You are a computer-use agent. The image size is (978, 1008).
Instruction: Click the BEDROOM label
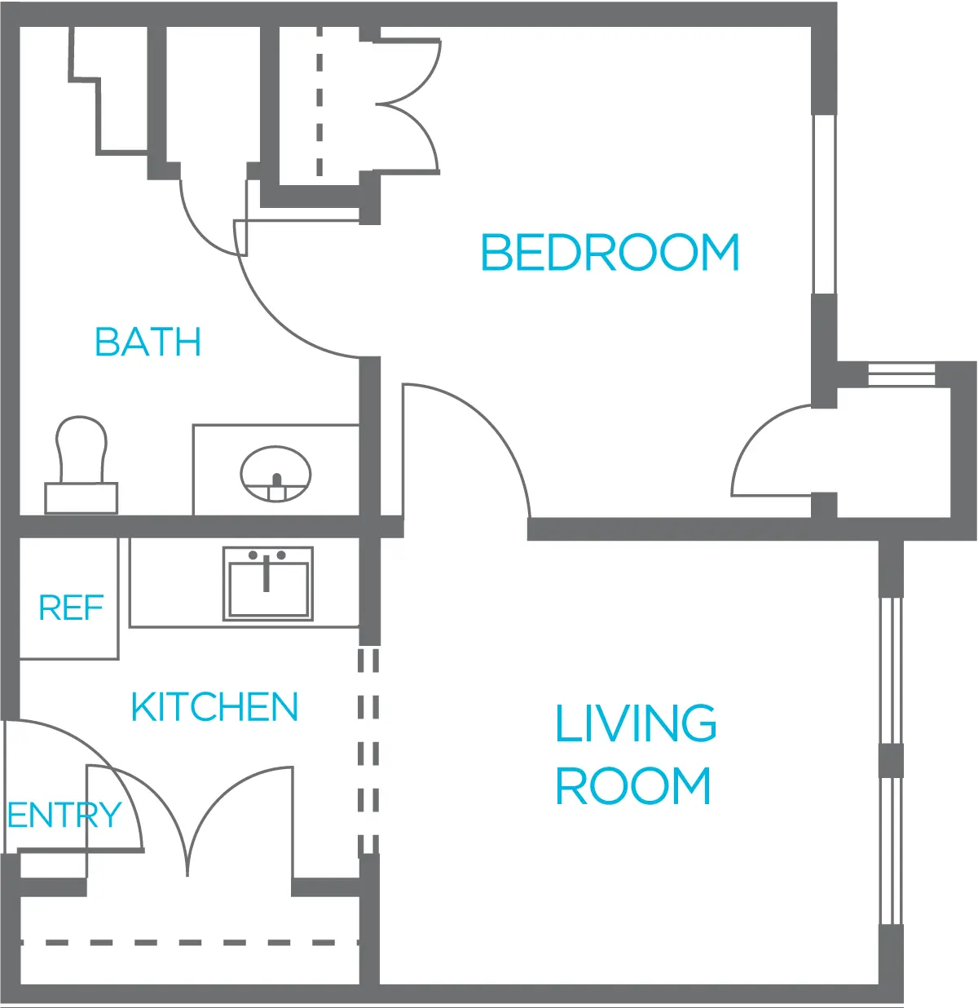610,252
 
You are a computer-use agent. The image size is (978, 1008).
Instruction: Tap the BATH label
148,342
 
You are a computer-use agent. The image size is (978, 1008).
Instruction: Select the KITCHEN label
215,706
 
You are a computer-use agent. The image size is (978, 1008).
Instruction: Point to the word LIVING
636,723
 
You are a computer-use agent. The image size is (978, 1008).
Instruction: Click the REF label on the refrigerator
72,608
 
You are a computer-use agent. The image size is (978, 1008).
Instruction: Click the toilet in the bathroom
81,465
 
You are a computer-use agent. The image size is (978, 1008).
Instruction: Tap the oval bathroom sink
276,474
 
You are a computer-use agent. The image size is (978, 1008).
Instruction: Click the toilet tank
81,497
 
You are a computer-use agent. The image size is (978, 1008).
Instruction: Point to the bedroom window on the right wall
824,205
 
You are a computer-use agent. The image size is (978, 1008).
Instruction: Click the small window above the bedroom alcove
901,374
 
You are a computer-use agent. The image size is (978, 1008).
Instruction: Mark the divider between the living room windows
892,760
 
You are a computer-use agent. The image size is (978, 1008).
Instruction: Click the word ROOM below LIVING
633,786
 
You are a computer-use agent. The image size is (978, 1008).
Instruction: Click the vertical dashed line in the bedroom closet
319,101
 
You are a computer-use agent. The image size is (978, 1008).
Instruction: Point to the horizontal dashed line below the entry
190,942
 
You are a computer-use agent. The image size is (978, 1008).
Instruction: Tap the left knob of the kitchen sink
253,555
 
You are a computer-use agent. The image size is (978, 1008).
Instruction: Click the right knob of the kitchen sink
281,555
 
